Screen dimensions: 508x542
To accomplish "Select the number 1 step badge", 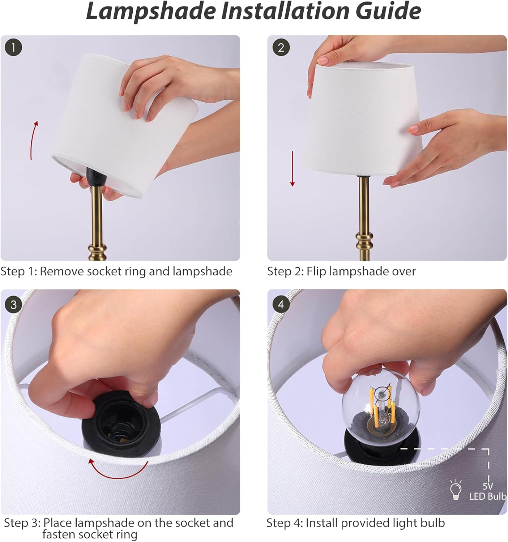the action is (13, 48).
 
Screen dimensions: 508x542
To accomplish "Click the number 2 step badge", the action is (281, 48).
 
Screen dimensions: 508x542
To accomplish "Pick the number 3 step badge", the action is (13, 305).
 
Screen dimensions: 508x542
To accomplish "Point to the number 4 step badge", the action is (281, 305).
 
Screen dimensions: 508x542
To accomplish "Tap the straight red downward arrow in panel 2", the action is (293, 169).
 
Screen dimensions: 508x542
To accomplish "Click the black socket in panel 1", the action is (96, 177).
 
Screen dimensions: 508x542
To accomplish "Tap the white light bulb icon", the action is (456, 490).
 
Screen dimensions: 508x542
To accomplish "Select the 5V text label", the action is (488, 486).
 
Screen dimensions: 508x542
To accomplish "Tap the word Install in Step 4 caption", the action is (321, 523).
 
